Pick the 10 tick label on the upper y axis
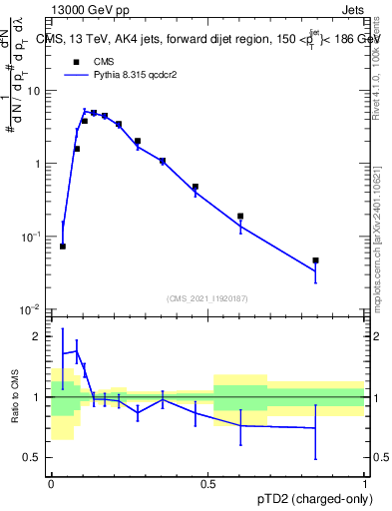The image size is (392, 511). tap(34, 91)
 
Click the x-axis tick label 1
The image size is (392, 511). tap(365, 484)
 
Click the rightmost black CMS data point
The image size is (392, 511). tap(315, 260)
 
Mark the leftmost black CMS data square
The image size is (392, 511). tap(63, 246)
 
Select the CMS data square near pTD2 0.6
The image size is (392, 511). tap(240, 216)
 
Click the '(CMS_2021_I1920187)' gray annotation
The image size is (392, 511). tap(208, 297)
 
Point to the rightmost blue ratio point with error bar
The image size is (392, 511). tap(315, 428)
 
